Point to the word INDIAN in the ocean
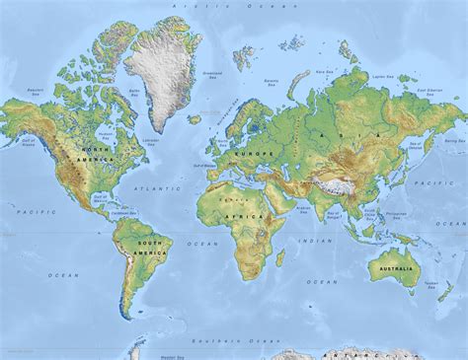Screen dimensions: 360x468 click(x=318, y=240)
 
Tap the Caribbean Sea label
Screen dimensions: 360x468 click(x=123, y=211)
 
